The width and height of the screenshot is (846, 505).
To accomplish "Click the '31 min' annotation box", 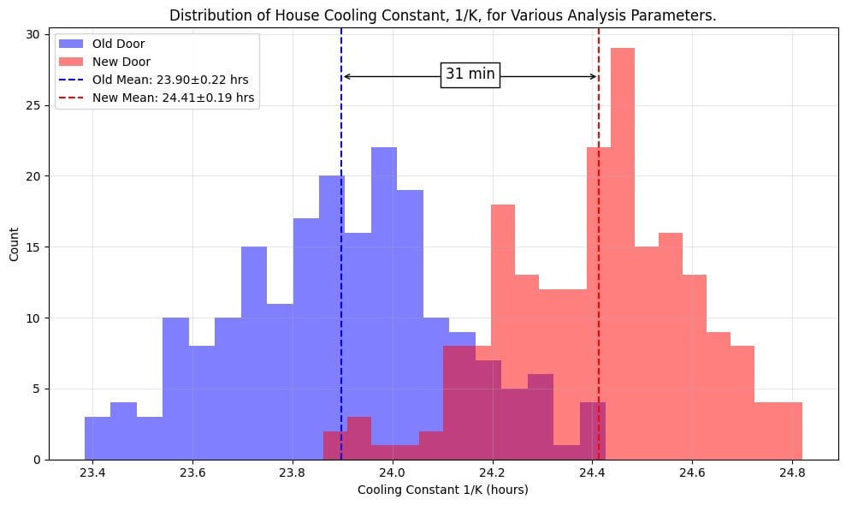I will click(x=470, y=74).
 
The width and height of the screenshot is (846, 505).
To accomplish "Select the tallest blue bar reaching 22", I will click(x=384, y=300).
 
